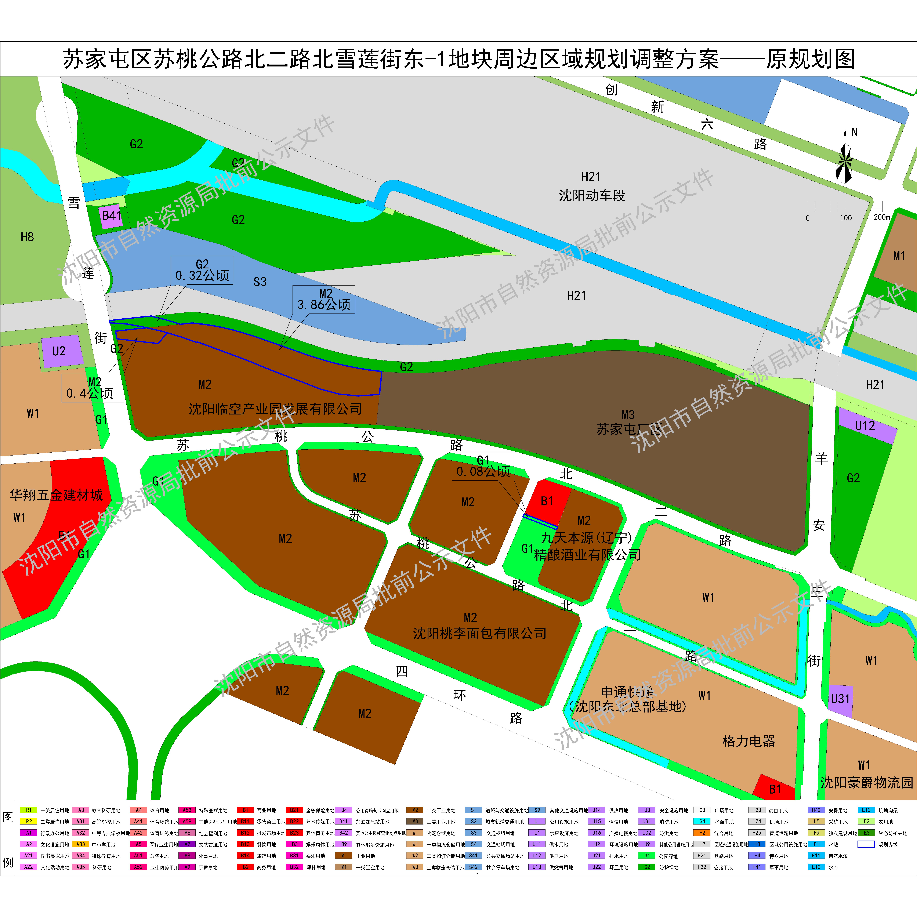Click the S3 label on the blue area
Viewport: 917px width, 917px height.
pyautogui.click(x=260, y=282)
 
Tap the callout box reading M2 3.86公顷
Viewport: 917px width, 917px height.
pyautogui.click(x=324, y=300)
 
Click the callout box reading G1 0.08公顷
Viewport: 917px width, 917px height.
pyautogui.click(x=483, y=466)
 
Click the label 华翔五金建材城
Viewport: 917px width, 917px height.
pyautogui.click(x=56, y=495)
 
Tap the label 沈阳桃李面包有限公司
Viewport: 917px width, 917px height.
pyautogui.click(x=479, y=633)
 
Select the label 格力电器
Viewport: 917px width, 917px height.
pyautogui.click(x=749, y=741)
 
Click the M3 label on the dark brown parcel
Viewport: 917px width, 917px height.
pyautogui.click(x=628, y=415)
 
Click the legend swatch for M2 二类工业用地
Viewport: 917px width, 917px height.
pyautogui.click(x=414, y=810)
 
